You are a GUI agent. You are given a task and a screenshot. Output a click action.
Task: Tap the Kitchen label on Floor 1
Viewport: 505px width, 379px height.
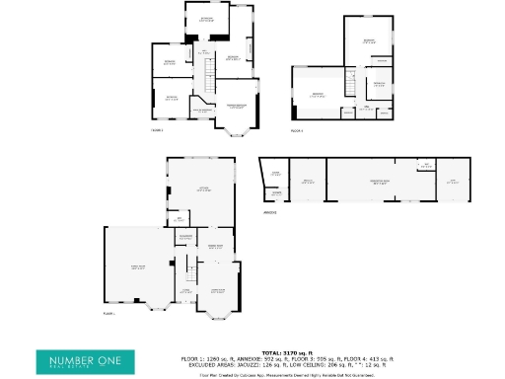(x=203, y=189)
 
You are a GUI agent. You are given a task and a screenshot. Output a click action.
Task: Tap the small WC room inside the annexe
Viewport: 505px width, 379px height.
(x=426, y=166)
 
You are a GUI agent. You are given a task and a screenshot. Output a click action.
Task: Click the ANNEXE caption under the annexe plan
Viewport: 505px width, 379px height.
(x=268, y=212)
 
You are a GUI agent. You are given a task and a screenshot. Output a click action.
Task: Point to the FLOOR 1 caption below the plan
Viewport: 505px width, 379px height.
(x=108, y=314)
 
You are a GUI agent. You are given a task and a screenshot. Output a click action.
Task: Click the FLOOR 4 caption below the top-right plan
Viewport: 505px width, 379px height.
(x=296, y=130)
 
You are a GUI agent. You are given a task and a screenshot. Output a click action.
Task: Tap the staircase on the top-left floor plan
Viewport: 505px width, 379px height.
(x=208, y=74)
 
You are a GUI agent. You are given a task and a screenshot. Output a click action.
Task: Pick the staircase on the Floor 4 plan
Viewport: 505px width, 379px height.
(x=348, y=88)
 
